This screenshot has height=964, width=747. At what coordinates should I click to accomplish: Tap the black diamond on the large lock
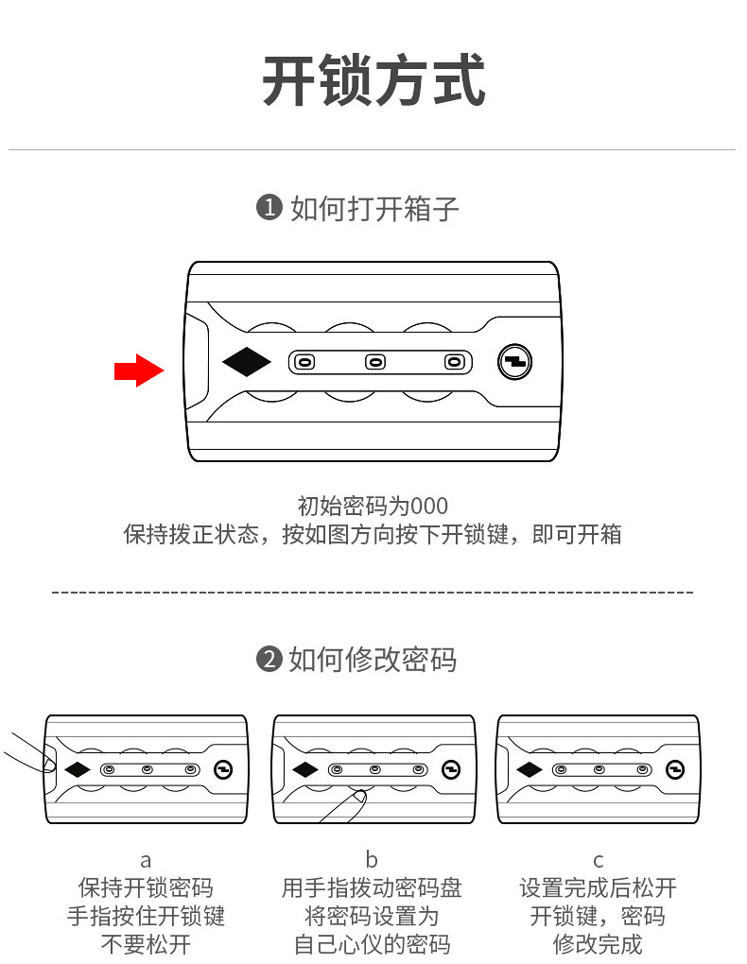246,361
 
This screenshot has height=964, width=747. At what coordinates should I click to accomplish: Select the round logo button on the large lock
515,361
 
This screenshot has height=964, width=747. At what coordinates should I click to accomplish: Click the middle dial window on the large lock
375,361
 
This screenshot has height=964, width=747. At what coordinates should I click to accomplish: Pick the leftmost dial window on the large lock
304,361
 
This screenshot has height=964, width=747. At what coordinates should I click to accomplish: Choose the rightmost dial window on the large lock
454,361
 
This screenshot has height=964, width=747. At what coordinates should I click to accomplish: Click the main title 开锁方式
373,81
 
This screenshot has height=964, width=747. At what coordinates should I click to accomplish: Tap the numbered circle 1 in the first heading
269,208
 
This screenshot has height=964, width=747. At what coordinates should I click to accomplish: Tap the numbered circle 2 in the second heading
269,659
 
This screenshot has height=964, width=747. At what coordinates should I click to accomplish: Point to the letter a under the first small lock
146,860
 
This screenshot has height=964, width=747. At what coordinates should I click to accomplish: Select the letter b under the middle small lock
372,860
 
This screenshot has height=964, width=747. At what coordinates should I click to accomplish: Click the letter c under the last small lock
598,860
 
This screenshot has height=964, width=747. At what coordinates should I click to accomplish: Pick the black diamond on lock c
529,769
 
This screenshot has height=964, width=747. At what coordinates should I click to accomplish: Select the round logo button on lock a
224,769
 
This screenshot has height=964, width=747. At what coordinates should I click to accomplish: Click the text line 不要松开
146,944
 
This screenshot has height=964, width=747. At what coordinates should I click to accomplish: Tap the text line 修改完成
598,944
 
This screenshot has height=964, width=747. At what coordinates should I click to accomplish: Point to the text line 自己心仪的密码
372,944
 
